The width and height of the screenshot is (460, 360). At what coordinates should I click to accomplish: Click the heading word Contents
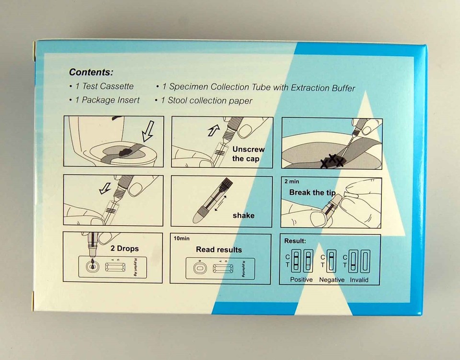pos(91,72)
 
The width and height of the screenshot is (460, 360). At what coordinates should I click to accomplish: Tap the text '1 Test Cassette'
pos(101,87)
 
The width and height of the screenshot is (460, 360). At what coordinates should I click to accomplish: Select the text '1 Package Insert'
pos(104,100)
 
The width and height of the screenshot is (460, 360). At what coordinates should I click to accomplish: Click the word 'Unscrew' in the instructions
pos(248,149)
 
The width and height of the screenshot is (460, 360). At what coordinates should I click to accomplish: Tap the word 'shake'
pos(243,215)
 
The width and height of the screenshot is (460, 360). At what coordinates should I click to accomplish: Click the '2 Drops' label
pos(125,248)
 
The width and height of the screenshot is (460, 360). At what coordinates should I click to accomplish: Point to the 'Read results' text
pos(218,249)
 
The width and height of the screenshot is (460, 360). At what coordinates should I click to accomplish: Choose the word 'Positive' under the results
pos(301,279)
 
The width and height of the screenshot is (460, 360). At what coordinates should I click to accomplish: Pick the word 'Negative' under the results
pos(332,279)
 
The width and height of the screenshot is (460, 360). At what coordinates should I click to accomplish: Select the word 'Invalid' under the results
pos(359,279)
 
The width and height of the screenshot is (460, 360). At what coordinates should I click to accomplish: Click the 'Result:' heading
pos(295,241)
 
